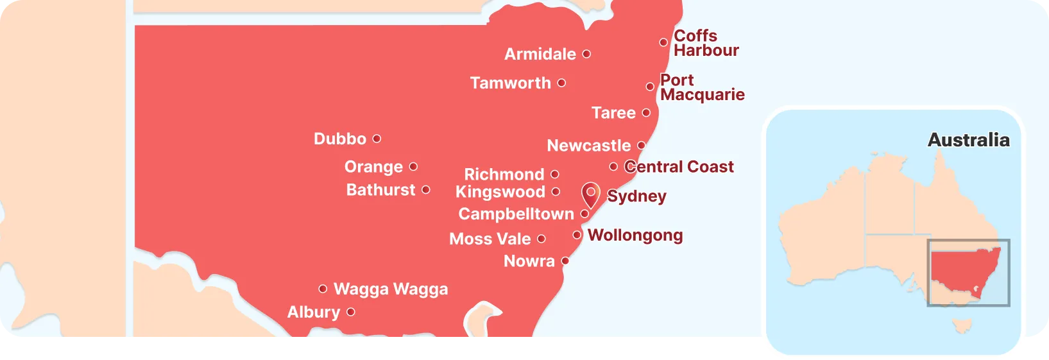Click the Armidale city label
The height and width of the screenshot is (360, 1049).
click(540, 55)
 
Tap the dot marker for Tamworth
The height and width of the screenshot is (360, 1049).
click(561, 83)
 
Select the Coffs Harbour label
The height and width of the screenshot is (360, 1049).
click(706, 43)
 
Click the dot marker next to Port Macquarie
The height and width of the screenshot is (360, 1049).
click(650, 87)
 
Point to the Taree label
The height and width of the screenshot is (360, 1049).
click(613, 113)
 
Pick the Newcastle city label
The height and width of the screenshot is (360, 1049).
click(588, 146)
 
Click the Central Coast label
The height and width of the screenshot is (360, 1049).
click(679, 167)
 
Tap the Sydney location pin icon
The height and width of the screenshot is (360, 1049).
click(590, 194)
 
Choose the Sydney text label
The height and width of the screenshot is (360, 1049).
click(636, 196)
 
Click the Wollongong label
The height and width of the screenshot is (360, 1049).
click(635, 236)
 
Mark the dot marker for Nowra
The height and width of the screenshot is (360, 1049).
click(565, 261)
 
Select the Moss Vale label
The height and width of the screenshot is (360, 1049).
click(490, 239)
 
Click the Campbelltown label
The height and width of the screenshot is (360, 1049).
click(516, 214)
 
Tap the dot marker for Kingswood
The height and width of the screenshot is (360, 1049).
click(556, 192)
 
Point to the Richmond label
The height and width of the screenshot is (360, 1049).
click(504, 175)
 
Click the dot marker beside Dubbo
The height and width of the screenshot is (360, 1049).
click(377, 139)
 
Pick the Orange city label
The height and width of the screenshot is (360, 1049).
click(373, 167)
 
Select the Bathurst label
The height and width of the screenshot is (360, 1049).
click(380, 190)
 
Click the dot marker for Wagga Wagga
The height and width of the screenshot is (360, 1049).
click(323, 289)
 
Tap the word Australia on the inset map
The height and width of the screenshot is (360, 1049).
click(968, 140)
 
